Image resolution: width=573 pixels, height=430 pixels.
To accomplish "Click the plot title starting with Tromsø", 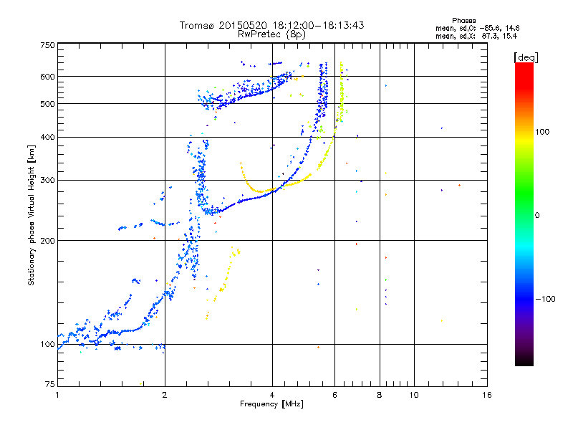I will (271, 25).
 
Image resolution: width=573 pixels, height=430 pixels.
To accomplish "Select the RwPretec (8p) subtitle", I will (271, 34).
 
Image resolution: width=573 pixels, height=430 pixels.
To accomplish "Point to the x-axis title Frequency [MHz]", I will (271, 405).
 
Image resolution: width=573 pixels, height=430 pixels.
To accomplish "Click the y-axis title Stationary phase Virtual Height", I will (32, 214).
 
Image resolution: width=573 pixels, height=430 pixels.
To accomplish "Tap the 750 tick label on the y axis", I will (47, 45).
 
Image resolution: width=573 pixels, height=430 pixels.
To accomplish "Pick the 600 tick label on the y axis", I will (47, 77).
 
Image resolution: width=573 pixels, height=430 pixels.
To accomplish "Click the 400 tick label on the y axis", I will (47, 137).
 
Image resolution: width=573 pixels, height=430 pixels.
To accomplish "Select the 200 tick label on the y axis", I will (47, 241).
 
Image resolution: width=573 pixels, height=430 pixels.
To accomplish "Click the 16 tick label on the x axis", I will (486, 395).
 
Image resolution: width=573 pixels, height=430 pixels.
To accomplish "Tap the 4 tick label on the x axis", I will (272, 395).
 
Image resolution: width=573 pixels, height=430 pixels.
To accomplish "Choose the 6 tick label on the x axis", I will (334, 395).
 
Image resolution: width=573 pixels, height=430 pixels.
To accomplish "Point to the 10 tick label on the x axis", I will (413, 395).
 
